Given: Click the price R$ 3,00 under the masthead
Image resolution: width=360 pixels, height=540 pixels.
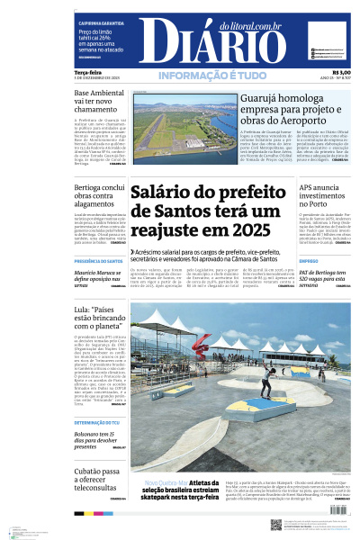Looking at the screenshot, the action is [341, 73].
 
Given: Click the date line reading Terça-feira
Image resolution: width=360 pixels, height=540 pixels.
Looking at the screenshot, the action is [86, 73].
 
